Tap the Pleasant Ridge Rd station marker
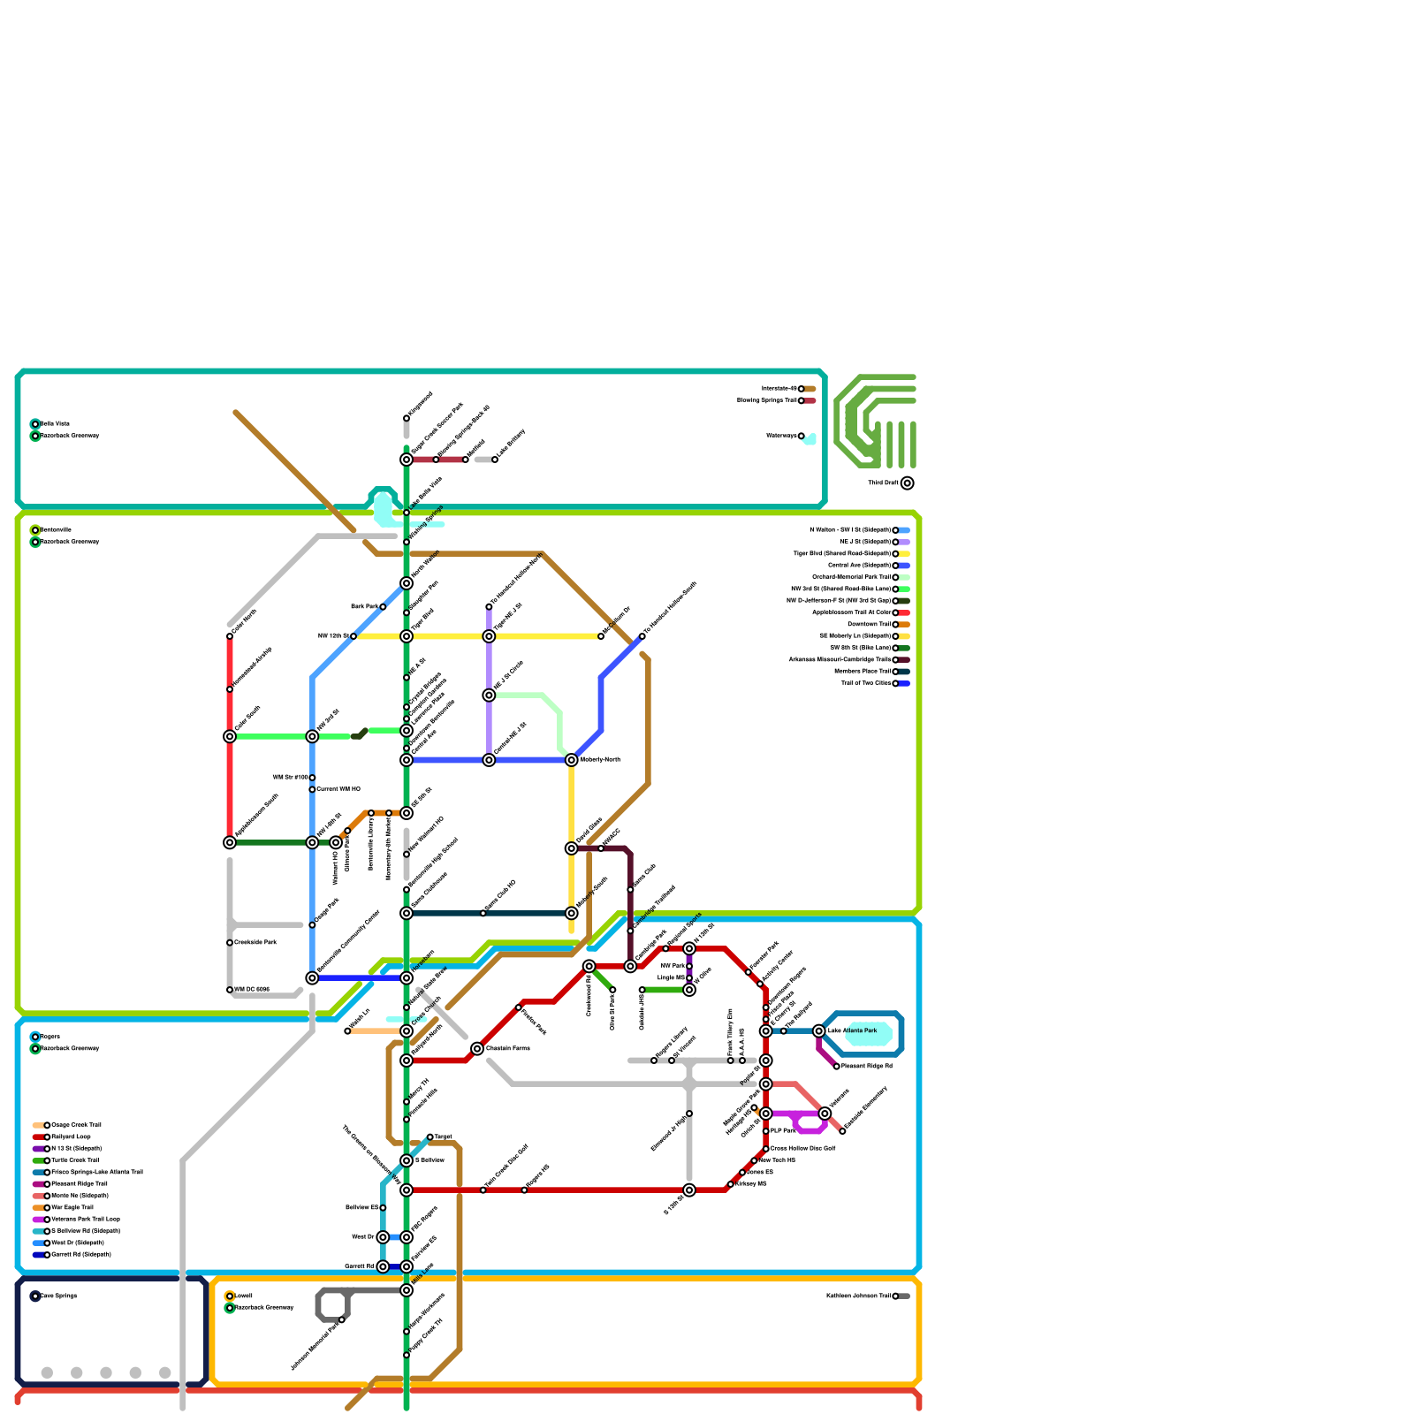837,1067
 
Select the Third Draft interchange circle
907,483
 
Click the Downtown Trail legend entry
870,625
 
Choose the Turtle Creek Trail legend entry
75,1160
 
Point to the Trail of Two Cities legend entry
867,683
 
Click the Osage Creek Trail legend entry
77,1126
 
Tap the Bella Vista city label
55,424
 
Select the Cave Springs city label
59,1296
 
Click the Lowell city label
243,1296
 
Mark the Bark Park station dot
383,607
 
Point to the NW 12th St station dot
353,636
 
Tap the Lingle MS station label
671,978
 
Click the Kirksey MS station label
750,1184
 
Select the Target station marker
430,1137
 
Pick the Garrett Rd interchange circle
383,1266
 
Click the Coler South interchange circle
230,736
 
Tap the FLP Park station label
783,1131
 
